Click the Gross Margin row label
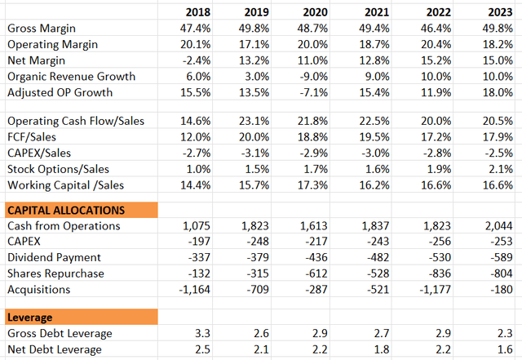click(42, 29)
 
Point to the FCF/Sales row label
click(33, 136)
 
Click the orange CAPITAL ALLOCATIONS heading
click(65, 210)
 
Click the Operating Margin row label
click(52, 44)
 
